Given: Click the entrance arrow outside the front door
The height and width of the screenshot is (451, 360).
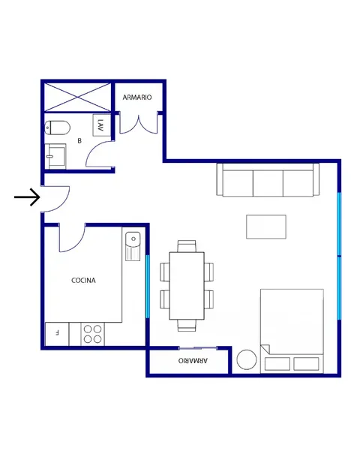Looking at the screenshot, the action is point(27,197).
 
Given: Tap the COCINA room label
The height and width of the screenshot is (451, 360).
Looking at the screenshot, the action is point(83,280).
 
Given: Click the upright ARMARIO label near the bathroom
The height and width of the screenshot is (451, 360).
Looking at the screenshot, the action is point(137,98).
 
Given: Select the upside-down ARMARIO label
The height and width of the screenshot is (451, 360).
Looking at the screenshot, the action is point(193,360).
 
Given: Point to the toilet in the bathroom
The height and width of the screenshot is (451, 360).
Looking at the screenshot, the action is point(58,128).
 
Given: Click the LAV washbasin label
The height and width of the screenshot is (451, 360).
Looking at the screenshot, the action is point(100,125).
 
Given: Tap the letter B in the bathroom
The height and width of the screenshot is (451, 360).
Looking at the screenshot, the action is point(79,141).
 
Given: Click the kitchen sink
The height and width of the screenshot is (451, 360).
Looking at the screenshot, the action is point(133,246).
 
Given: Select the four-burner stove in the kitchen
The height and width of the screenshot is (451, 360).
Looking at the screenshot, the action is point(92,334).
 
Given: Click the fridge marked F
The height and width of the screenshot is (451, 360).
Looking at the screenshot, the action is point(57,334).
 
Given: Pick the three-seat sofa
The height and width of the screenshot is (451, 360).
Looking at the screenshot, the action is point(268,180).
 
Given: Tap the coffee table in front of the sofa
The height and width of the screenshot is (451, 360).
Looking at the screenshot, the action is point(266,227).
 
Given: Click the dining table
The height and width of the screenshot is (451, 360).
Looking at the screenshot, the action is point(187,286).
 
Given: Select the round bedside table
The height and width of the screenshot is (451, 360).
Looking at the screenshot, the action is point(247,359).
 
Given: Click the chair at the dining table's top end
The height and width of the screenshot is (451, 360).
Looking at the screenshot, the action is point(187,246).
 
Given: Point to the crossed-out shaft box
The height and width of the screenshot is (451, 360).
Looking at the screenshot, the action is point(78,98).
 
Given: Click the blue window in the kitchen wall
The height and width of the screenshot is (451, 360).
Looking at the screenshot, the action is point(148,287).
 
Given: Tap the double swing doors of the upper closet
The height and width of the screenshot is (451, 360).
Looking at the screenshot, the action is point(139,124).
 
